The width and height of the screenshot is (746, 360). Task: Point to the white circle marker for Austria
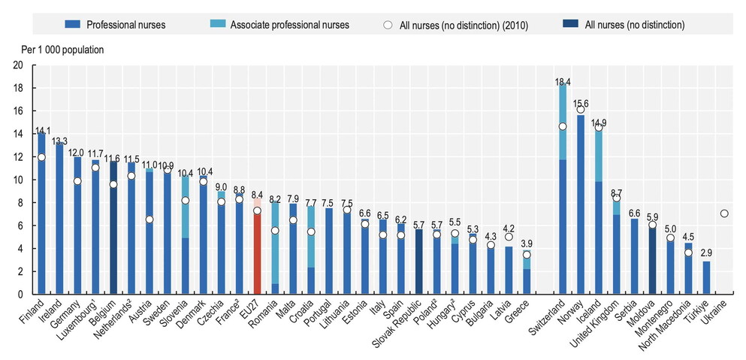coord(150,219)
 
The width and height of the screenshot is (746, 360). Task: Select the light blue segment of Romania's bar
coord(275,241)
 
